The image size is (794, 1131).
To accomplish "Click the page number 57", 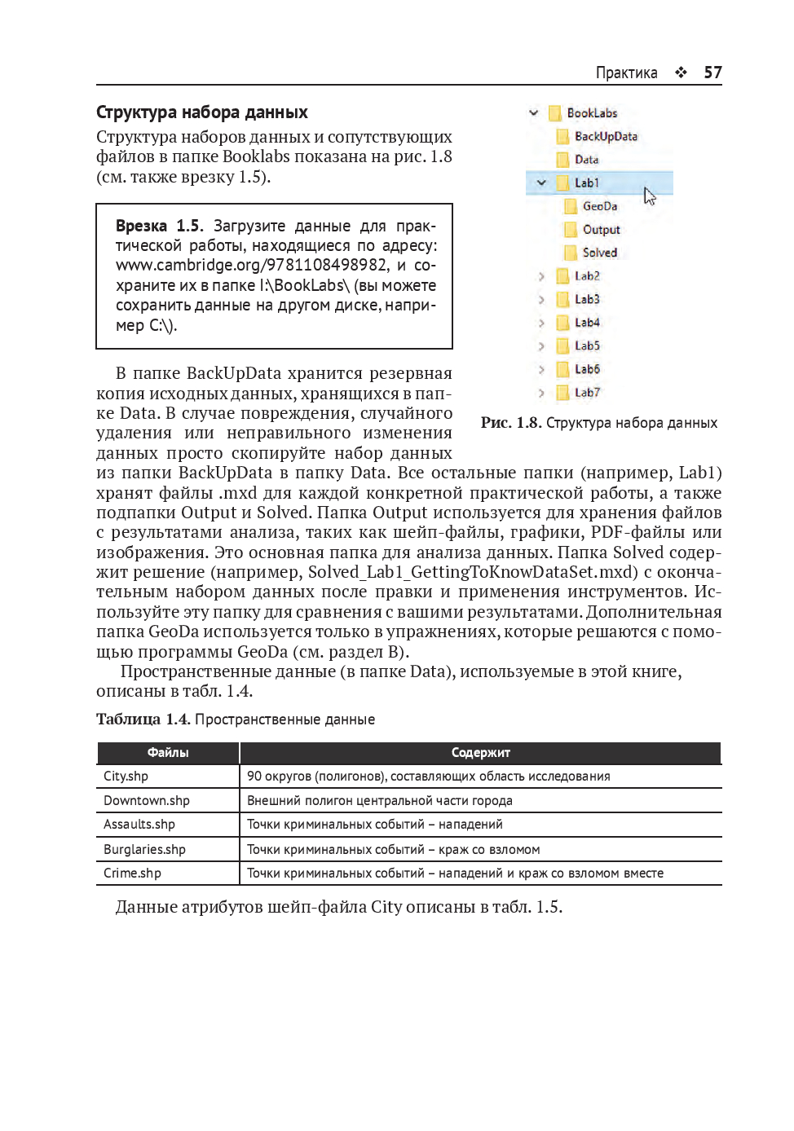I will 712,73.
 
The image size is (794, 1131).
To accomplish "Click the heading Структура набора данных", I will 201,112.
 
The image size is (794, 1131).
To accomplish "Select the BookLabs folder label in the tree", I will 592,113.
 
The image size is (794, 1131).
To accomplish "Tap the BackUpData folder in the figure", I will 606,136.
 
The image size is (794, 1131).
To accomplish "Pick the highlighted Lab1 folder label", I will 586,183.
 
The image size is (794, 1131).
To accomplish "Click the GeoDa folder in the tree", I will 599,206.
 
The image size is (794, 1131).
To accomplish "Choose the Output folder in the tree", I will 601,230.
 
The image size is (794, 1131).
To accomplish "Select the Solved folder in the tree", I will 599,253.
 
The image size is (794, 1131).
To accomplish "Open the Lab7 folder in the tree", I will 586,393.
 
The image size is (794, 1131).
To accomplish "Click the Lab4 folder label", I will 586,323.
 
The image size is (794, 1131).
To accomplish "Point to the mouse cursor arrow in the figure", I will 649,196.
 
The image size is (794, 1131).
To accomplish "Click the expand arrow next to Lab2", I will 541,276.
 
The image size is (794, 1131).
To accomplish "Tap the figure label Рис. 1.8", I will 510,423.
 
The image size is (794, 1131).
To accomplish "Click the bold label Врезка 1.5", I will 159,226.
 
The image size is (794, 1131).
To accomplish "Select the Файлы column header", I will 168,753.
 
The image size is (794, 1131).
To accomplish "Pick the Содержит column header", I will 480,753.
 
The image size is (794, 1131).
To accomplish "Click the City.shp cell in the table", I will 126,777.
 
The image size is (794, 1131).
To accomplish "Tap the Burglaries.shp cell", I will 144,849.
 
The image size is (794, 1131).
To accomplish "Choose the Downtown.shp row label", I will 146,801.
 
